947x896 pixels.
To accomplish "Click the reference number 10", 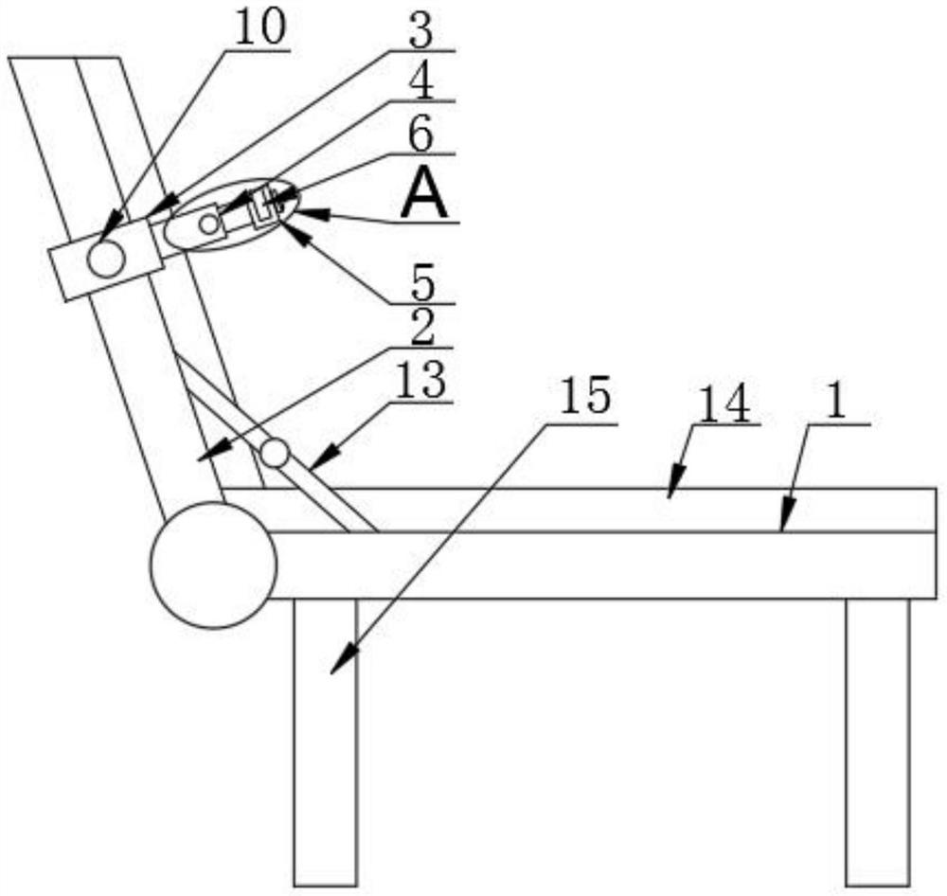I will coord(259,30).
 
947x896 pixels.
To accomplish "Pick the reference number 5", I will coord(423,283).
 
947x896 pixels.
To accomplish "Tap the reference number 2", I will coord(421,329).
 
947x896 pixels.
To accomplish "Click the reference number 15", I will coord(584,398).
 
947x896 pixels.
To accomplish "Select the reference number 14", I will coord(724,405).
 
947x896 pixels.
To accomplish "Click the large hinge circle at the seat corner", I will coord(213,565).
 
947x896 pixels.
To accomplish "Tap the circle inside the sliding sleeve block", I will coord(106,259).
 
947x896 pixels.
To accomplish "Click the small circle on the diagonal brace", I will coord(275,453).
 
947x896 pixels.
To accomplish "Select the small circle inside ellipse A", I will coord(208,224).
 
